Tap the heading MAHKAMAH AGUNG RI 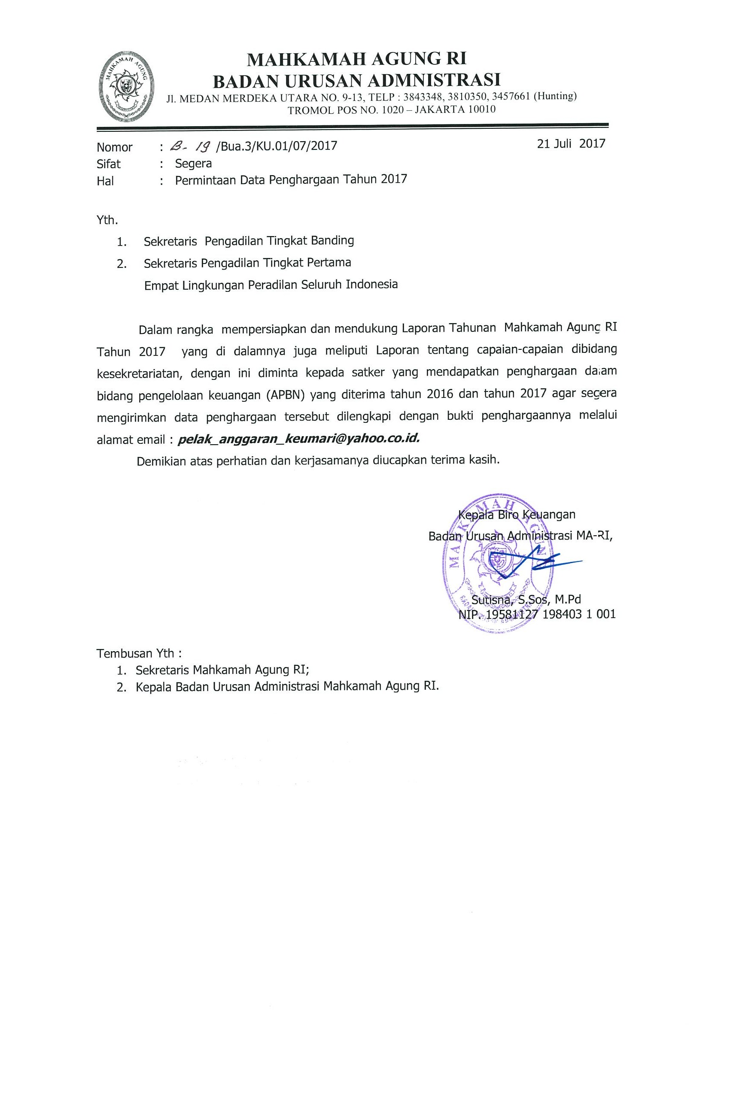pyautogui.click(x=356, y=60)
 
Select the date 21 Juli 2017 pyautogui.click(x=571, y=143)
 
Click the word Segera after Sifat pyautogui.click(x=193, y=163)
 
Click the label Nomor pyautogui.click(x=115, y=147)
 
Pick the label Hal pyautogui.click(x=105, y=181)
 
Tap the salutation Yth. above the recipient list pyautogui.click(x=107, y=219)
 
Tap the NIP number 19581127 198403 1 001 pyautogui.click(x=548, y=614)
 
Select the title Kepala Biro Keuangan pyautogui.click(x=517, y=514)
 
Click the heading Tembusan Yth pyautogui.click(x=139, y=653)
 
